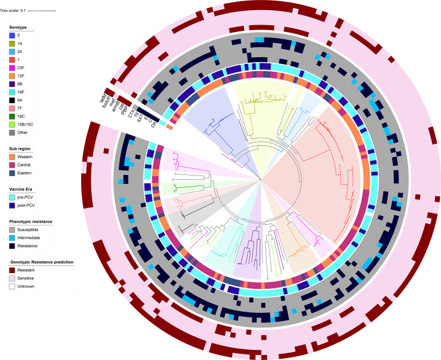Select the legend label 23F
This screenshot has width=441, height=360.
pos(20,67)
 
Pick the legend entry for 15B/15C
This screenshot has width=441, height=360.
pos(26,124)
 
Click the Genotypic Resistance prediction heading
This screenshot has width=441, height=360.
pos(41,262)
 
